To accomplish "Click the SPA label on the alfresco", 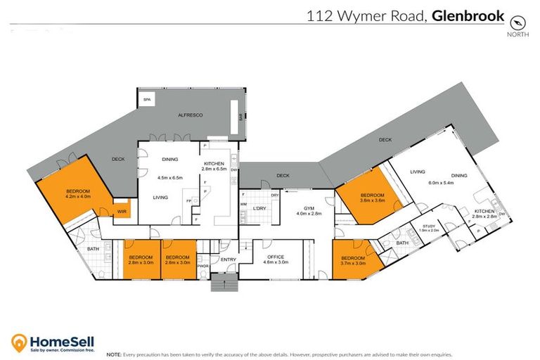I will click(x=147, y=101).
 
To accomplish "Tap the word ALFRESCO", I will click(x=191, y=114).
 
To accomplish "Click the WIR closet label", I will click(x=122, y=210).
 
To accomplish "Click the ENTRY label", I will click(x=229, y=259).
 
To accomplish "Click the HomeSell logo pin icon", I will click(x=20, y=342).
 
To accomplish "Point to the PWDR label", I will click(x=202, y=266).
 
